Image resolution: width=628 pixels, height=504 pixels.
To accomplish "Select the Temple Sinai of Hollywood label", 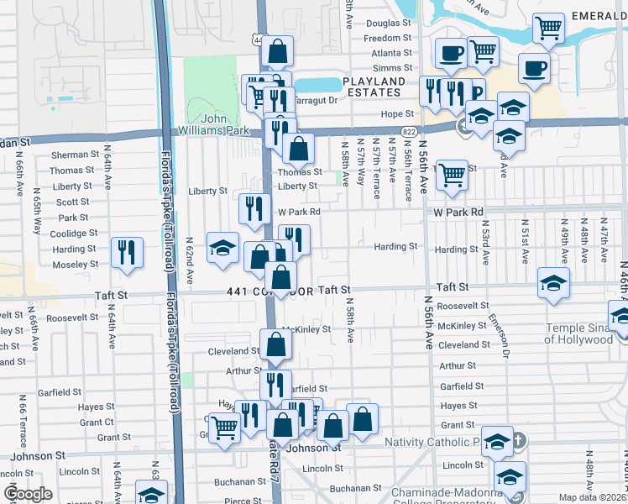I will point(578,333).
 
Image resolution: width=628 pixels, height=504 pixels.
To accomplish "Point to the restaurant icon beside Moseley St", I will point(127,250).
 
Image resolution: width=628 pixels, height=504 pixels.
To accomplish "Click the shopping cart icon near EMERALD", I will point(548,27).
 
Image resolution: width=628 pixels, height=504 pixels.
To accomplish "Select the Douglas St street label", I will point(388,24).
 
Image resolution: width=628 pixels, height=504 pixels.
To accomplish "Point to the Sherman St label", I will point(75,155).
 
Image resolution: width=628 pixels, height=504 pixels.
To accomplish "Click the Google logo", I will point(27,494).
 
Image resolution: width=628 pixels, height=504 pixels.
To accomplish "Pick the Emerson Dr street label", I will point(505,337).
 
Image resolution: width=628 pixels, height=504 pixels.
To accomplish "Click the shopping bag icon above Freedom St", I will point(277,51).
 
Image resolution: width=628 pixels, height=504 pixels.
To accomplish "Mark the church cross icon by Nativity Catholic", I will point(518,440).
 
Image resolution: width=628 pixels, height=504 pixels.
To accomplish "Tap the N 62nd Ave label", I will point(190,259).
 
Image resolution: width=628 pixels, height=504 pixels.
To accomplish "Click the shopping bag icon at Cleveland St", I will point(276,344).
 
